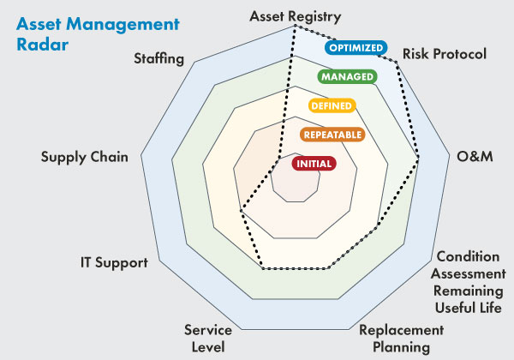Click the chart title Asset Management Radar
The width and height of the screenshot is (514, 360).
click(98, 34)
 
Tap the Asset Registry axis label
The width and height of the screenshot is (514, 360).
click(296, 16)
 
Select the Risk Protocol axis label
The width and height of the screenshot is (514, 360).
click(444, 54)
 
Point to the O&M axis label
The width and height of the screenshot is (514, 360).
click(475, 156)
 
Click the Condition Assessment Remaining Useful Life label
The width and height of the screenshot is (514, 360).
click(468, 282)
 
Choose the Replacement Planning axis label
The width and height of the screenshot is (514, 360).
click(402, 339)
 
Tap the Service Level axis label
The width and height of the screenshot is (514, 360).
click(208, 339)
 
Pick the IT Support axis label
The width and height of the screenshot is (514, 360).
click(114, 262)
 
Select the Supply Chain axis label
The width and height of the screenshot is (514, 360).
click(85, 157)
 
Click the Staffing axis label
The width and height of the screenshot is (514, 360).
click(159, 58)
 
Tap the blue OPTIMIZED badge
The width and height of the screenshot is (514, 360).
click(356, 47)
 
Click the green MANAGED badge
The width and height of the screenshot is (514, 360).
click(348, 76)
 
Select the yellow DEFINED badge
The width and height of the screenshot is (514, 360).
click(332, 105)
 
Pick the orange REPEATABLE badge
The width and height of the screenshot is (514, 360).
click(332, 135)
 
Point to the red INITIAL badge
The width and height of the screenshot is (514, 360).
click(314, 163)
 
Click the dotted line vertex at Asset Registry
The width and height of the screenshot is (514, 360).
click(296, 27)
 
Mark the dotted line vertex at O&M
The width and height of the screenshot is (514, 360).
click(419, 158)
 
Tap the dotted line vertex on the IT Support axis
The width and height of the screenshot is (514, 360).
click(241, 211)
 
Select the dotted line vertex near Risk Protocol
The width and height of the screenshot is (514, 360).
click(396, 62)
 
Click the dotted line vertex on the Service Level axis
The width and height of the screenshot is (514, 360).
click(263, 268)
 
